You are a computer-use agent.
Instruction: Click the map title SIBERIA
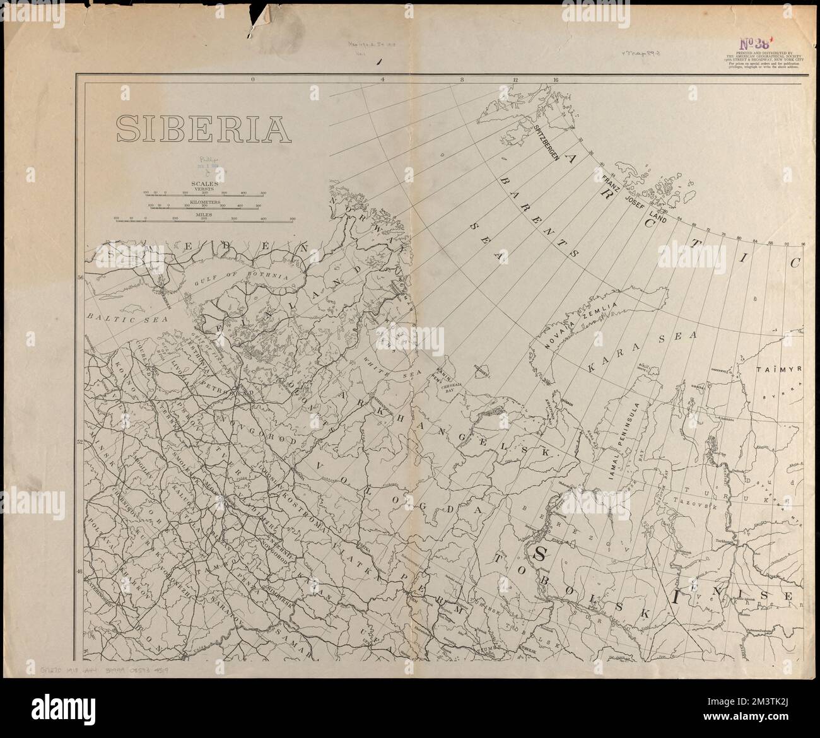[203, 128]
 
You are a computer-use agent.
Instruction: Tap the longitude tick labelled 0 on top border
[252, 80]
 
